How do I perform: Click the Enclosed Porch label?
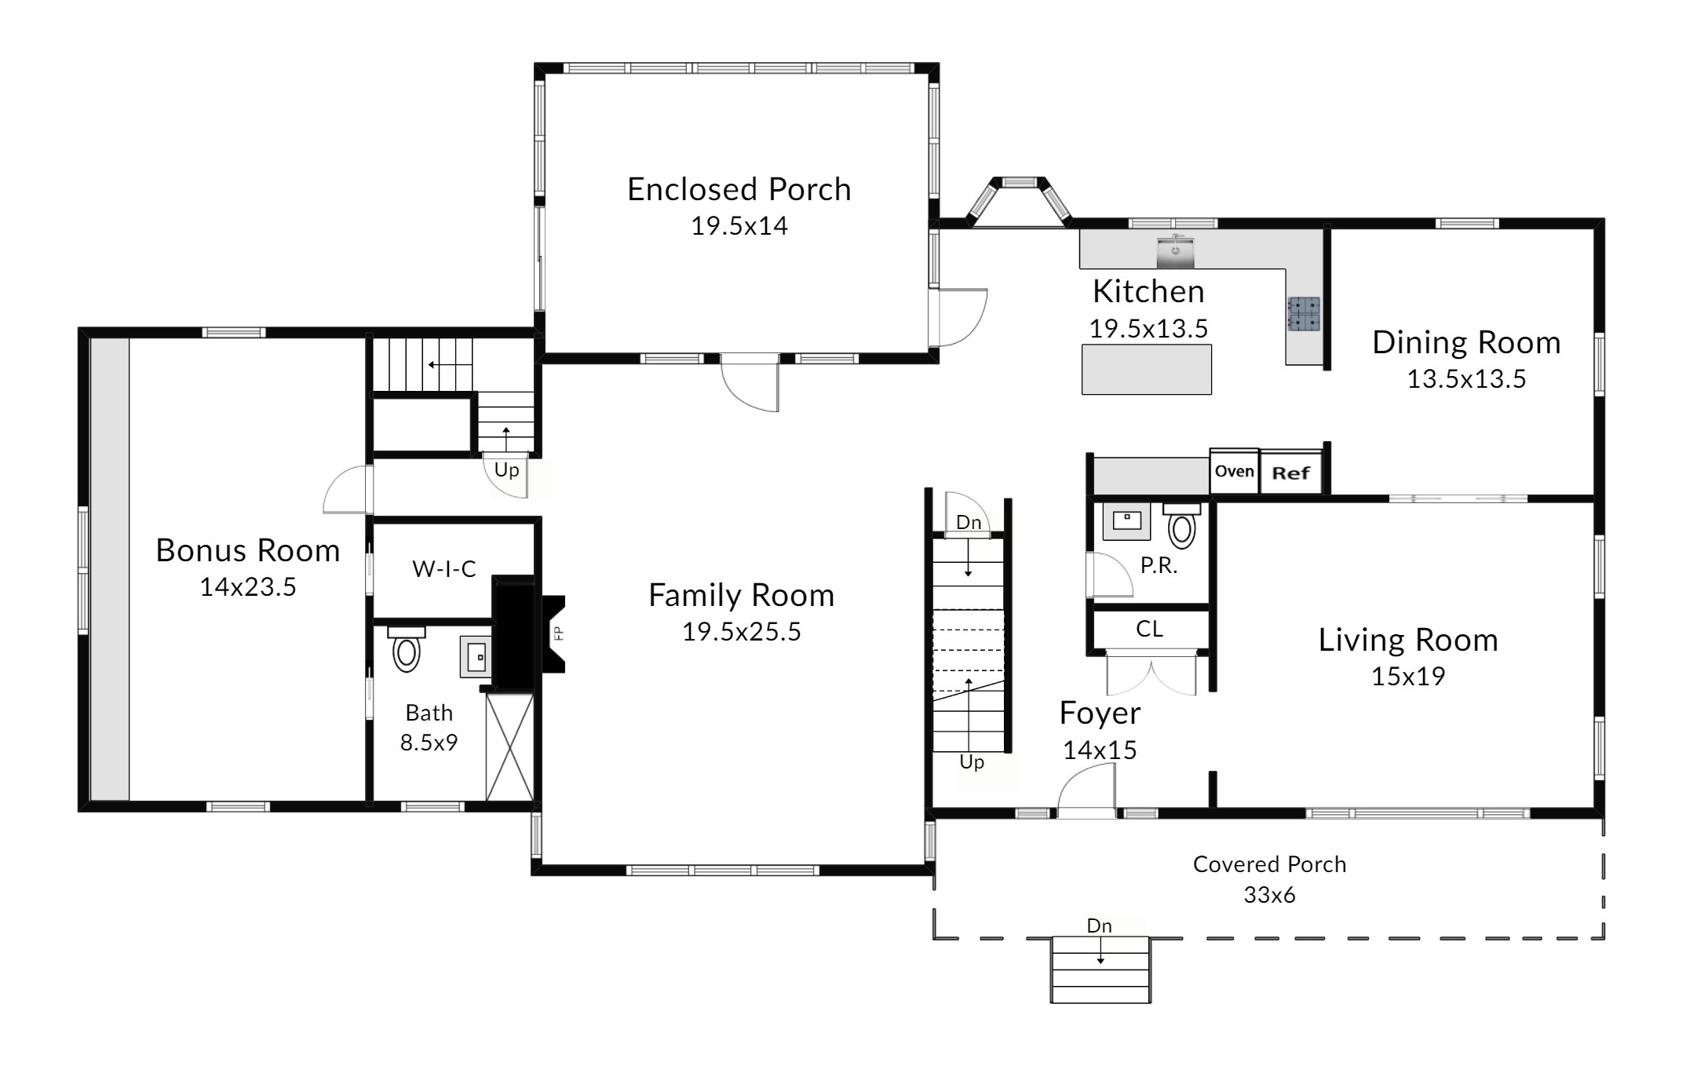click(739, 190)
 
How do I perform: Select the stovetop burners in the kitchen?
click(1304, 313)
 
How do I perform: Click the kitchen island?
click(1146, 369)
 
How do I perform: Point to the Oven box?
click(1234, 471)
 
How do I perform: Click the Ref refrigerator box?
click(1291, 473)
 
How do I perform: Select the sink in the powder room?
click(1126, 522)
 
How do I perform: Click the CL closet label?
click(1149, 629)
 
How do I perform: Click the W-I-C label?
click(444, 568)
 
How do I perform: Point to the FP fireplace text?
click(559, 633)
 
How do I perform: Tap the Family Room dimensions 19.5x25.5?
click(741, 632)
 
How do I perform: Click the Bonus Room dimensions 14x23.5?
click(248, 587)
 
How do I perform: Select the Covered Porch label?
click(1269, 864)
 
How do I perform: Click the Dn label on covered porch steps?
click(1099, 926)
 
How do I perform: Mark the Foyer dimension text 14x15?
click(1100, 750)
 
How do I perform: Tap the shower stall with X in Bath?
click(509, 747)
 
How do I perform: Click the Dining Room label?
click(1466, 343)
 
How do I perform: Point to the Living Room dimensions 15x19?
click(1408, 676)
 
